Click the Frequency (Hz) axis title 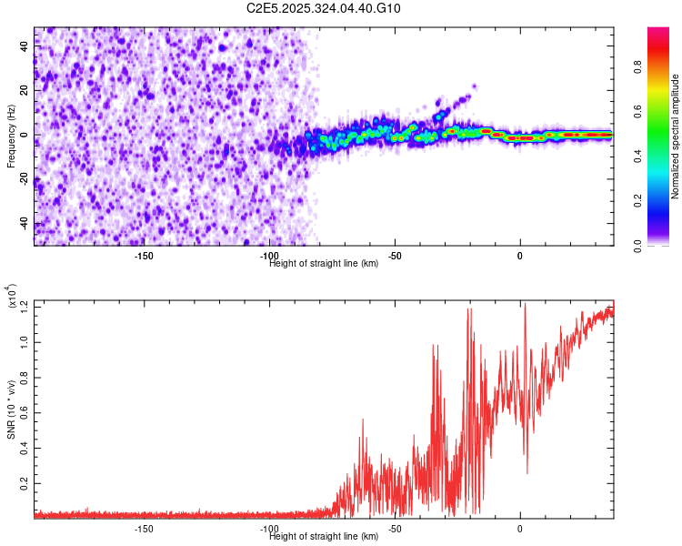(x=12, y=137)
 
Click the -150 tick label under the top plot (x=143, y=255)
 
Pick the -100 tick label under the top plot (x=268, y=255)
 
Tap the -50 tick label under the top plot (x=394, y=255)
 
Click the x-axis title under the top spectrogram (x=324, y=264)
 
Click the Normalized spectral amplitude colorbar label (x=676, y=137)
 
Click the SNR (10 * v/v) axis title (x=12, y=409)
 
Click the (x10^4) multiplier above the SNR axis (x=12, y=297)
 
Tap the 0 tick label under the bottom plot (x=519, y=528)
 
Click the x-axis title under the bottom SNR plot (x=324, y=537)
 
